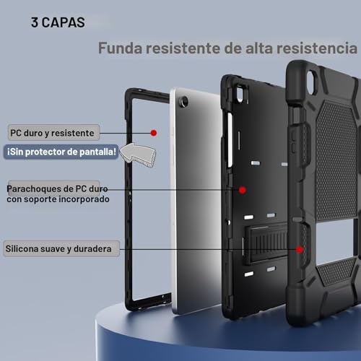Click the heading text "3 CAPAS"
pos(58,22)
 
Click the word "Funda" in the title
pos(119,49)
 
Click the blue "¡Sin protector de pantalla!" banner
pos(61,152)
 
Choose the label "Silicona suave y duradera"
pos(58,249)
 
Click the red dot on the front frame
pos(154,133)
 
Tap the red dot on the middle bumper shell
pos(243,190)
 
